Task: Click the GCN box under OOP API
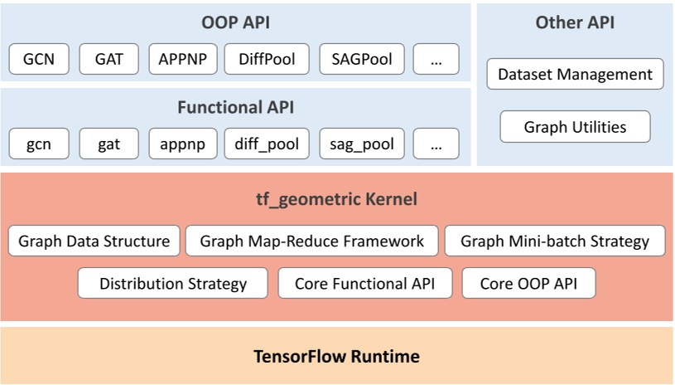click(x=39, y=59)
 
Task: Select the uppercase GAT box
click(x=109, y=59)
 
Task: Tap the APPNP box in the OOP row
click(x=183, y=59)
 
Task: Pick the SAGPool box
click(x=361, y=59)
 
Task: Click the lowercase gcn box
click(x=39, y=144)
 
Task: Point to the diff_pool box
click(x=267, y=144)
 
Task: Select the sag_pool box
click(x=361, y=144)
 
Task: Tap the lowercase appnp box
click(x=183, y=144)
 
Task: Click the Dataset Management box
click(x=575, y=75)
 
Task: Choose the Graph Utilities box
click(x=575, y=127)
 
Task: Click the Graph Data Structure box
click(x=94, y=241)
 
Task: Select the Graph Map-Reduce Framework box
click(x=311, y=241)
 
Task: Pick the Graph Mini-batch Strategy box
click(x=555, y=241)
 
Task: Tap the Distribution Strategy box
click(x=173, y=284)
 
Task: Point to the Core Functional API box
click(x=365, y=284)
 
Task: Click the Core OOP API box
click(x=528, y=284)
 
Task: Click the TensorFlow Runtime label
click(x=336, y=357)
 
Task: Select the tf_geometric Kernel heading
click(x=336, y=199)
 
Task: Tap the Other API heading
click(x=575, y=22)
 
